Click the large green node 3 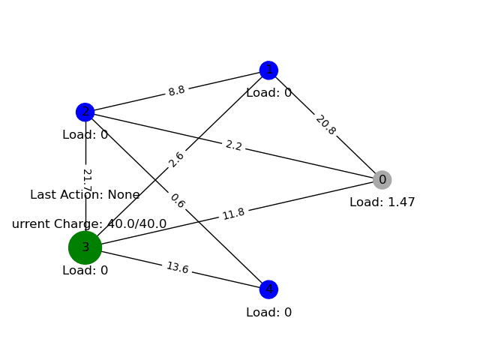click(x=85, y=247)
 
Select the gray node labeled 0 click(x=382, y=180)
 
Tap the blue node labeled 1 click(x=268, y=70)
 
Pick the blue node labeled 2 click(x=85, y=112)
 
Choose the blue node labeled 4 click(x=268, y=289)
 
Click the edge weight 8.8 click(x=176, y=91)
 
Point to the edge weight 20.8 click(x=325, y=124)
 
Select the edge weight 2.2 click(x=233, y=145)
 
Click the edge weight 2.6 click(x=176, y=160)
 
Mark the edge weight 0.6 click(x=177, y=201)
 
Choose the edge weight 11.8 click(x=233, y=214)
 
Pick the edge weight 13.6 click(x=177, y=268)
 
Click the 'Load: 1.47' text click(x=382, y=202)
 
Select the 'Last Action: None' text click(x=85, y=195)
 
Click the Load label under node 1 click(x=268, y=93)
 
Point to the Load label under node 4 click(x=268, y=313)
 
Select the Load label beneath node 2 click(x=85, y=135)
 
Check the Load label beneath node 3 click(x=85, y=271)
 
